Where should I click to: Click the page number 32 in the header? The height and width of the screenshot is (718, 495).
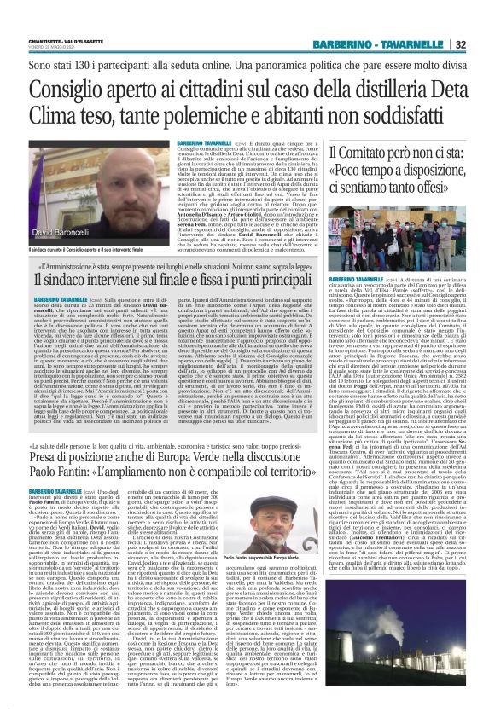(483, 45)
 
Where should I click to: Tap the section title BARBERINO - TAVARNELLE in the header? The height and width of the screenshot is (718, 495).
(392, 45)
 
